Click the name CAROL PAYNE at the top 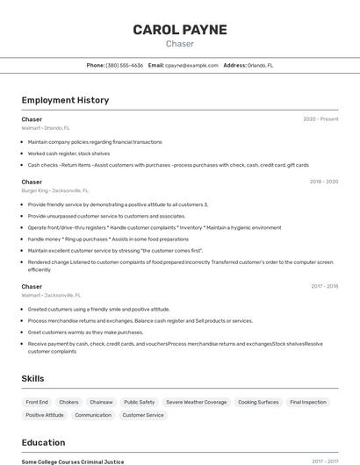point(179,30)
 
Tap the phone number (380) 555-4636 point(125,65)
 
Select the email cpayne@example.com point(191,65)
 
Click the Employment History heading point(65,100)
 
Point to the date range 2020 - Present point(320,119)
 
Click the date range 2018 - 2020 point(323,182)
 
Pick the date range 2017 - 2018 point(324,287)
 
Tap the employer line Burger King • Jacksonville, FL point(54,190)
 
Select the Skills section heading point(33,378)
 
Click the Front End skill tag point(37,402)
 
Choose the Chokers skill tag point(68,402)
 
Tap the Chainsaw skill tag point(101,402)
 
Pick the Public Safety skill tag point(139,402)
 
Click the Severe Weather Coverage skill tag point(196,402)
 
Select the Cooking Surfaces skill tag point(258,402)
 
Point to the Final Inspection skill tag point(307,402)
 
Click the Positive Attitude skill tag point(45,415)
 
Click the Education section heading point(43,442)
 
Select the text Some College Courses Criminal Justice point(73,461)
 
